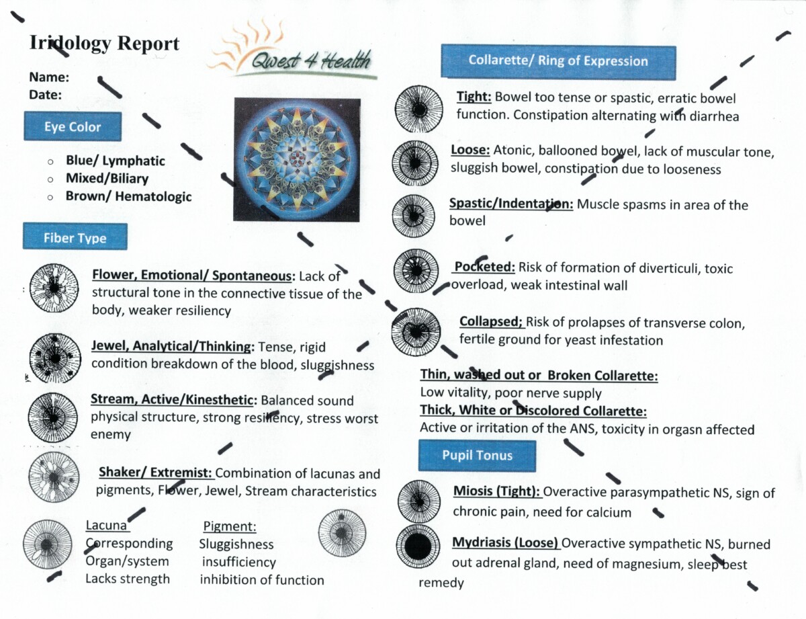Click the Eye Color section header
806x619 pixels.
pyautogui.click(x=73, y=127)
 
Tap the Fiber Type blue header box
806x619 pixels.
pyautogui.click(x=75, y=237)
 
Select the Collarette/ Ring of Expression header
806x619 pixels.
pyautogui.click(x=557, y=61)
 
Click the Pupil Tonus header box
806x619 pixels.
pyautogui.click(x=477, y=456)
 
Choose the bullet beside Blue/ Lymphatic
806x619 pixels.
pyautogui.click(x=50, y=162)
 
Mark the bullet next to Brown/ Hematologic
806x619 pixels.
pyautogui.click(x=50, y=198)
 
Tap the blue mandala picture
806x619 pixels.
pyautogui.click(x=297, y=159)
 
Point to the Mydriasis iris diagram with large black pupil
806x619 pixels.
pyautogui.click(x=418, y=547)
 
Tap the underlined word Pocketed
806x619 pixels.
pyautogui.click(x=485, y=267)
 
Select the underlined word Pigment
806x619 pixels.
pyautogui.click(x=229, y=526)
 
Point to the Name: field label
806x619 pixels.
pyautogui.click(x=49, y=77)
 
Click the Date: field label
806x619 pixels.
pyautogui.click(x=46, y=95)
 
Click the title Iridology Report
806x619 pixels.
pyautogui.click(x=104, y=44)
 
